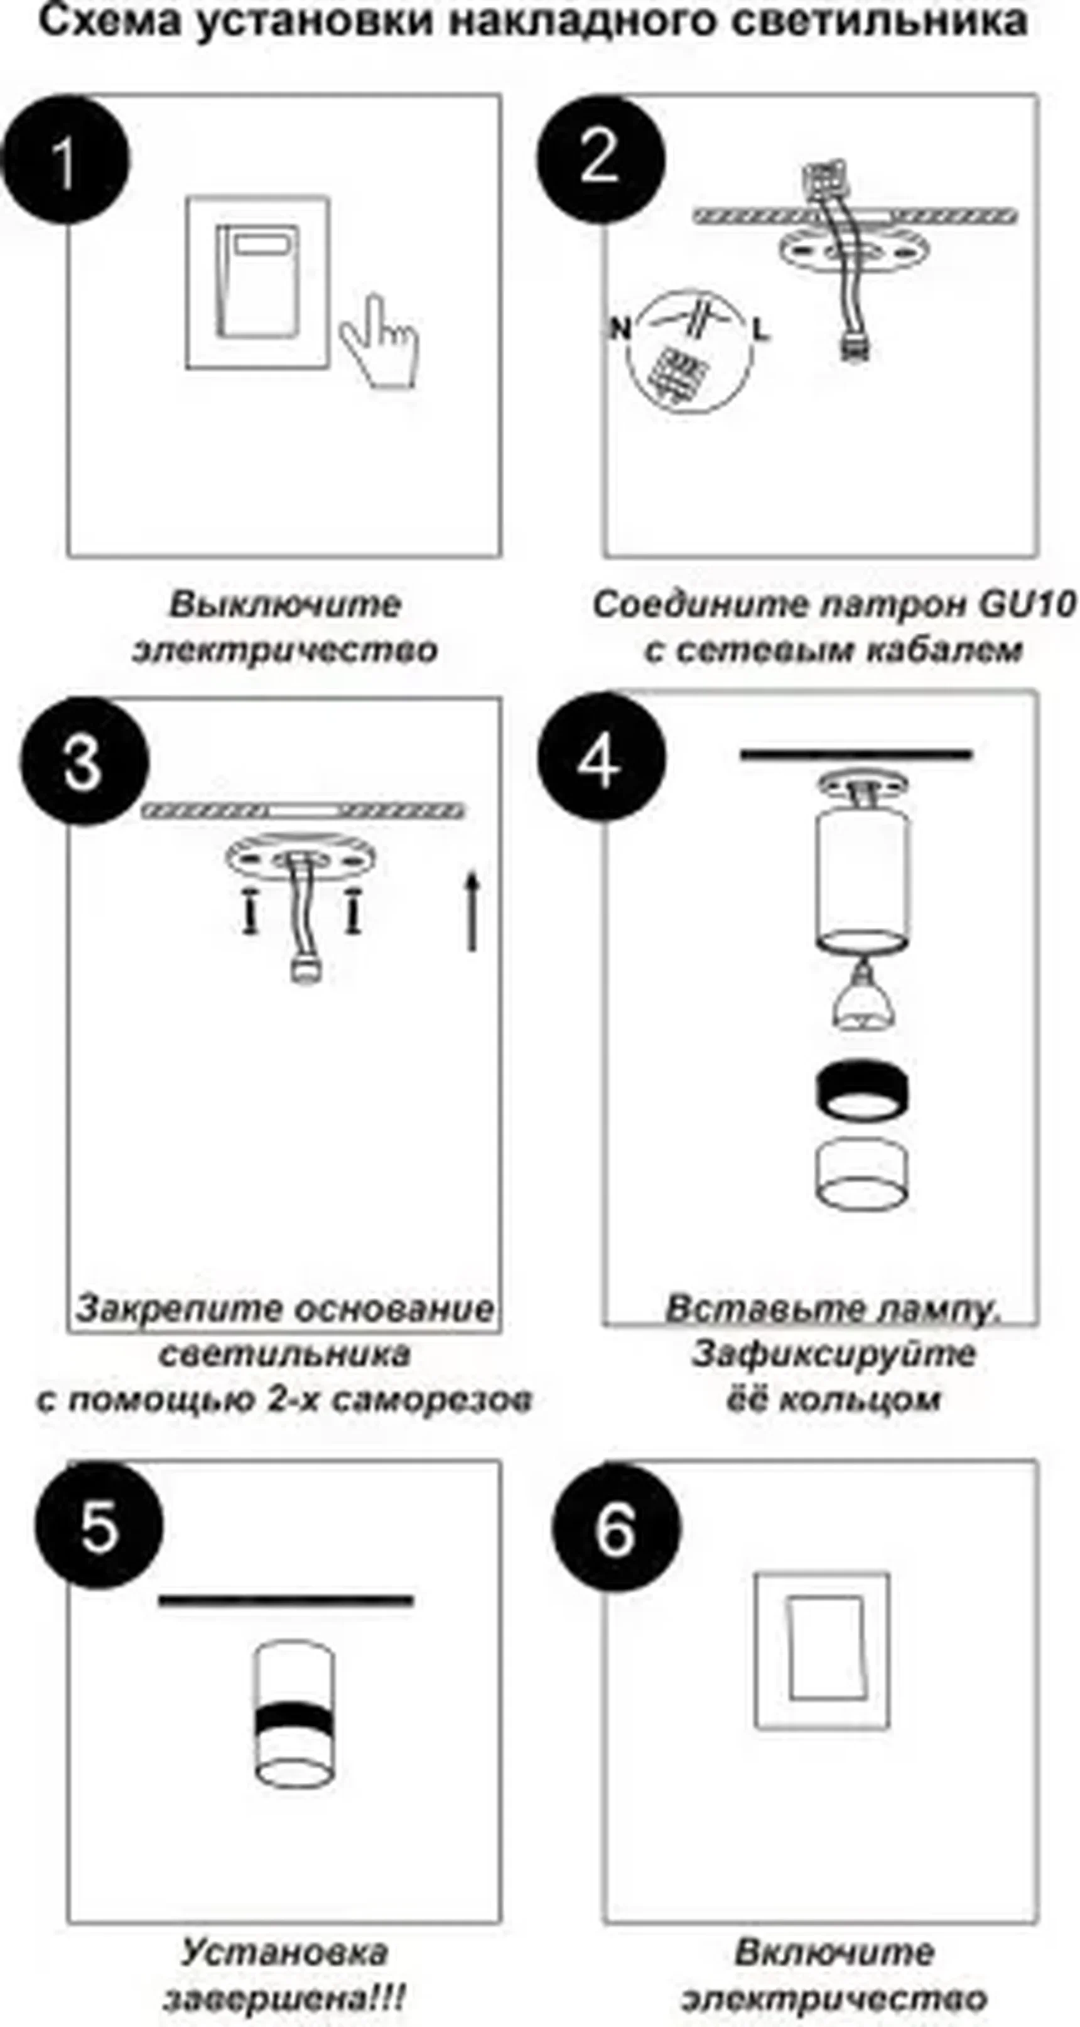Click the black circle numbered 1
(x=65, y=159)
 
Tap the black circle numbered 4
(x=602, y=758)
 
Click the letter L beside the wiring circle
(x=760, y=330)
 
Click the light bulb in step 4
(x=862, y=999)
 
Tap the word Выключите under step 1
(x=285, y=605)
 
